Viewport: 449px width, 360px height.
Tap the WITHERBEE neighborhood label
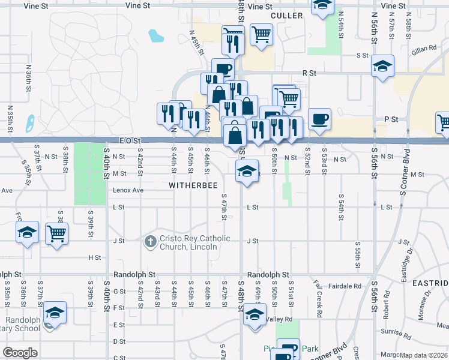pos(193,185)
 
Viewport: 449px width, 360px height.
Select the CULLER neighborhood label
pos(286,16)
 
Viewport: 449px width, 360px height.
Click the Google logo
pos(20,353)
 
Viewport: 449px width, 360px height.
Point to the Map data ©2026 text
pos(424,355)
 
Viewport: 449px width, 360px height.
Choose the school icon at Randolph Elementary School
pos(55,312)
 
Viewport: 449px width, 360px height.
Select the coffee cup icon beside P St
pos(319,118)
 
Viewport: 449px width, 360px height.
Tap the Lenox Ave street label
pos(128,190)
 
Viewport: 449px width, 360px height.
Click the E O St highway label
pos(129,140)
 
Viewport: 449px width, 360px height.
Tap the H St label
pos(95,257)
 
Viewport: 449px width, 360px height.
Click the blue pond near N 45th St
pos(155,36)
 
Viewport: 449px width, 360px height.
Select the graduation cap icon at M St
pos(246,171)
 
